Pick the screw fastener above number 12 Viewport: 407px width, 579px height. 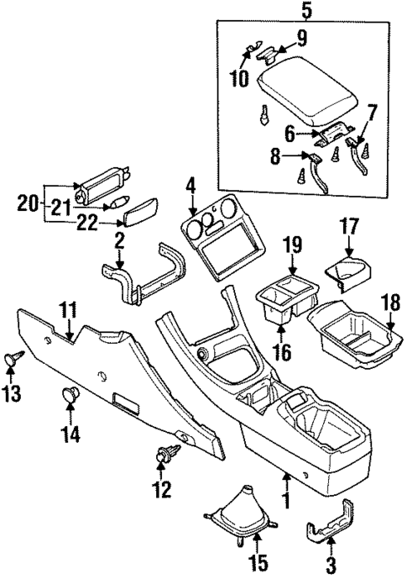pyautogui.click(x=164, y=455)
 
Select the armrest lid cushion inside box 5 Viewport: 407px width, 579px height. pyautogui.click(x=306, y=91)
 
